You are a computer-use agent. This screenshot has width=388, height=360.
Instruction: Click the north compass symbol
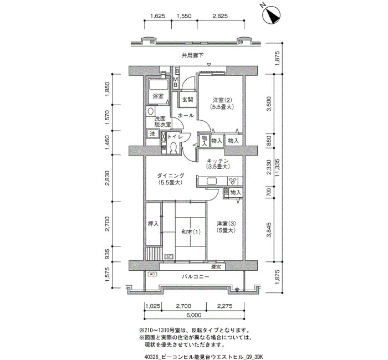(x=272, y=16)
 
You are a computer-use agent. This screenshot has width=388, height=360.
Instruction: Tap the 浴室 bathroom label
(x=157, y=96)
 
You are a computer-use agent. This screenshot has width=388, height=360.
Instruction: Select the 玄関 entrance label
(x=187, y=99)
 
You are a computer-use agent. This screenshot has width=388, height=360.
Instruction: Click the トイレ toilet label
(x=175, y=136)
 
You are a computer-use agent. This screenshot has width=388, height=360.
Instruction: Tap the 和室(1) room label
(x=191, y=232)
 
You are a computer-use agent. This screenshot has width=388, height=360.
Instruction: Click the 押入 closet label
(x=153, y=224)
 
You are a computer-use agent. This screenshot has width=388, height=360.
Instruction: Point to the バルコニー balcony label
(x=196, y=277)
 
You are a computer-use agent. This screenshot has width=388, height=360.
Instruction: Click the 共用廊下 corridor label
(x=192, y=55)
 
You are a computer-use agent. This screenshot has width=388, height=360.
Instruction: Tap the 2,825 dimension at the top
(x=220, y=16)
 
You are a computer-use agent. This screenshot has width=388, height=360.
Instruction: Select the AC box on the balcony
(x=152, y=274)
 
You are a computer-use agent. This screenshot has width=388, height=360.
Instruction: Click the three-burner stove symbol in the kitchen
(x=233, y=182)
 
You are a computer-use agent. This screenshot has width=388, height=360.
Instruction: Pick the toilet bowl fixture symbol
(x=173, y=148)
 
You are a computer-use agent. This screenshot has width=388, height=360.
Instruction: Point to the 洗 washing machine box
(x=152, y=134)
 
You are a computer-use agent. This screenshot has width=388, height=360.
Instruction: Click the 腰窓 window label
(x=216, y=267)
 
